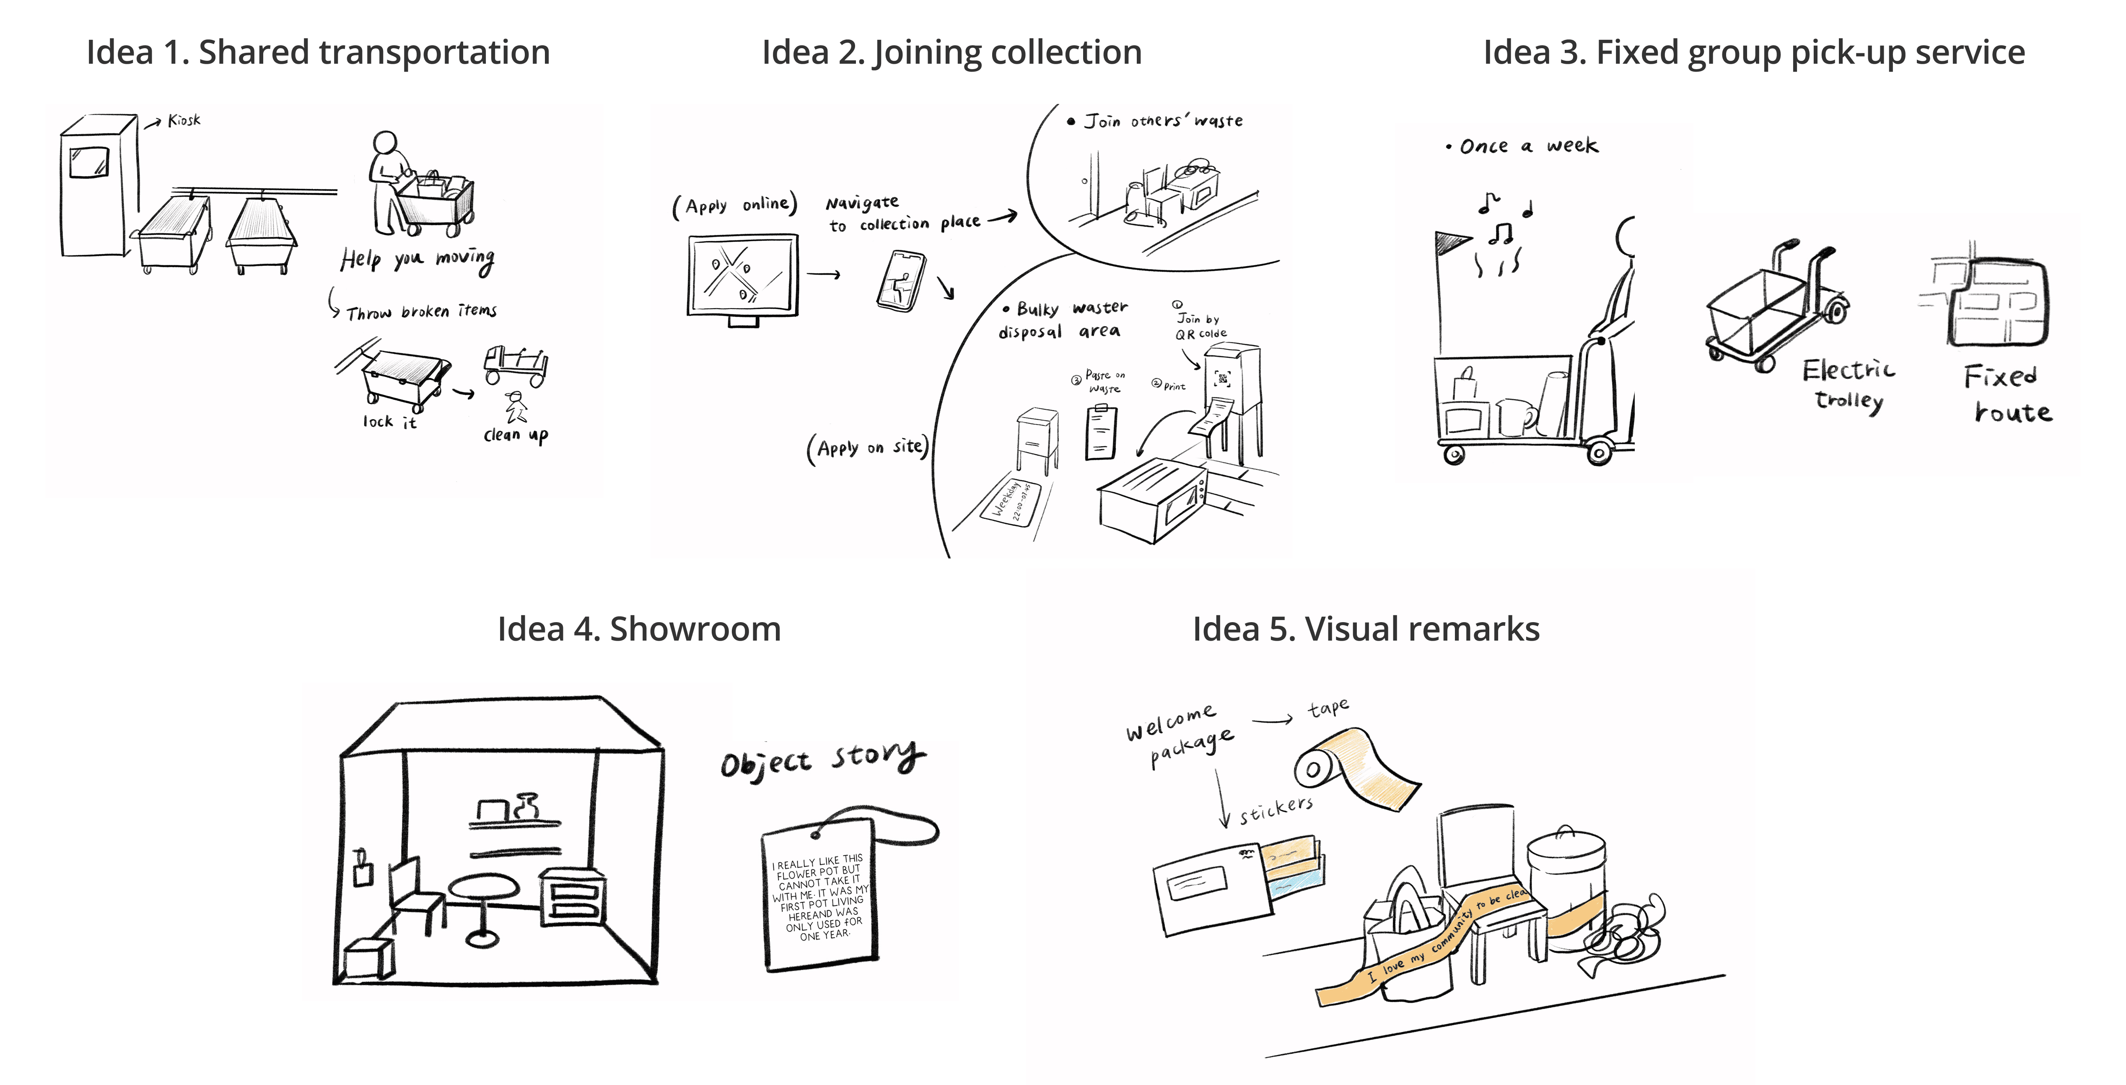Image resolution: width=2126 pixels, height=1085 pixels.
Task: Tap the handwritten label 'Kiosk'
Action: pyautogui.click(x=184, y=121)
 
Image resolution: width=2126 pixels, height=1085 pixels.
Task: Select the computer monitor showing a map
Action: pyautogui.click(x=743, y=275)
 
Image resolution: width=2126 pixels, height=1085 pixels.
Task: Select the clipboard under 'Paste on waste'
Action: pyautogui.click(x=1101, y=431)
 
